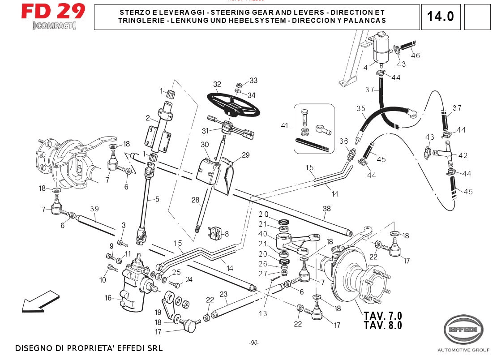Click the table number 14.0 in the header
click(440, 17)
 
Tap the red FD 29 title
click(53, 11)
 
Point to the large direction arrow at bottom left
click(40, 301)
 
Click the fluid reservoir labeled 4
click(381, 48)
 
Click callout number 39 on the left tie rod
click(94, 209)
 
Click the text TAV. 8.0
click(383, 326)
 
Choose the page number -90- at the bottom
click(254, 343)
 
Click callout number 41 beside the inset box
click(284, 126)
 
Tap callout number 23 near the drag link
click(223, 295)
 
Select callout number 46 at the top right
click(416, 56)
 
